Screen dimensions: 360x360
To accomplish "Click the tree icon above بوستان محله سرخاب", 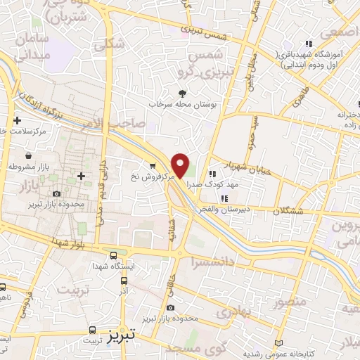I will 183,93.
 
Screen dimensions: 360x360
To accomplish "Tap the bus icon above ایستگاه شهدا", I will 113,255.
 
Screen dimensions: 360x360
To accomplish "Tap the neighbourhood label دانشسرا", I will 210,261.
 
